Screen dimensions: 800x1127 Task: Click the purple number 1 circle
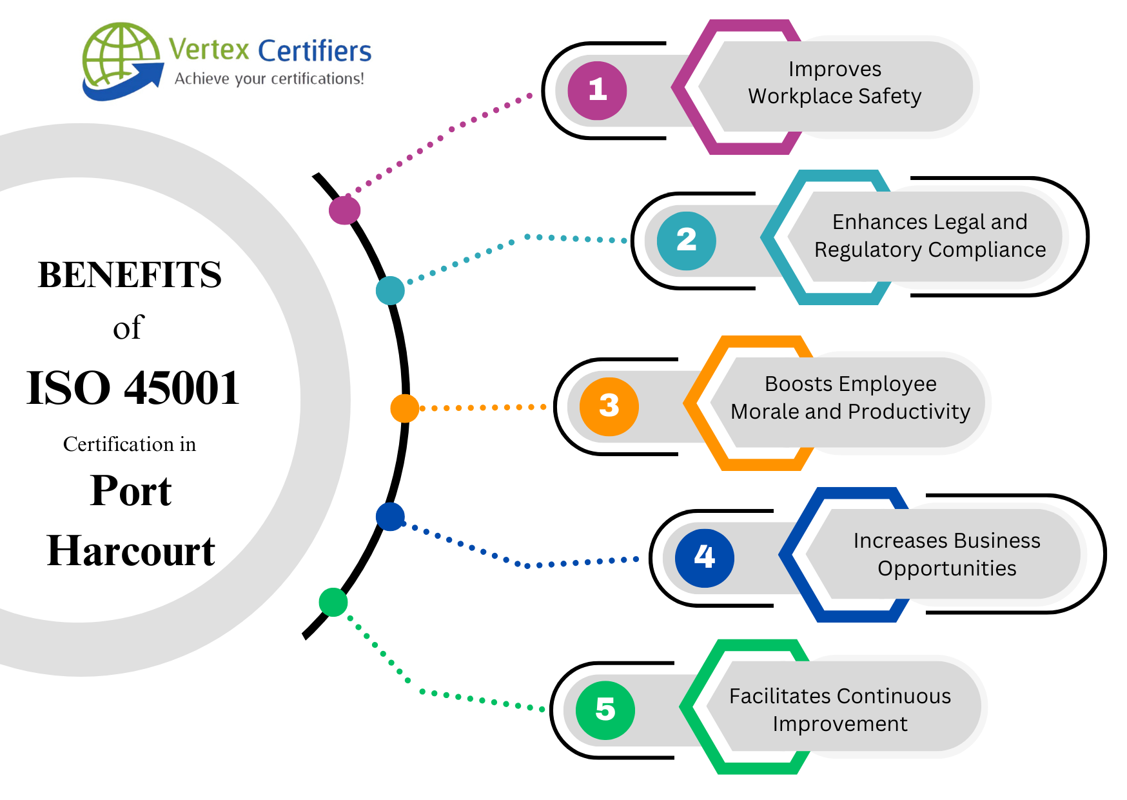[x=597, y=90]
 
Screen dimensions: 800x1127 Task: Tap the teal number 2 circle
[x=686, y=241]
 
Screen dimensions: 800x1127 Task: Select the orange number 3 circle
[x=609, y=406]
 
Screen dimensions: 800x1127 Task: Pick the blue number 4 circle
[x=704, y=557]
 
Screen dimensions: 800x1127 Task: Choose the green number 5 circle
[x=605, y=710]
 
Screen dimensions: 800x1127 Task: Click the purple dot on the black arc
[x=344, y=210]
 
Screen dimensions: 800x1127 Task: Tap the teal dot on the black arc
[x=390, y=290]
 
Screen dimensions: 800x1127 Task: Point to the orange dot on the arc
[x=405, y=408]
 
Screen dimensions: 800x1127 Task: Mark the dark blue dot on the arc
[x=390, y=517]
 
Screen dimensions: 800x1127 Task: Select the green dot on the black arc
[x=333, y=602]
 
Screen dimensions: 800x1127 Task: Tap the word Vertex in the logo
[x=209, y=50]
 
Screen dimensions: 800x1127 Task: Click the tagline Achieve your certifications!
[x=269, y=79]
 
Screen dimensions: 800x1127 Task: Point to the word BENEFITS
[x=130, y=275]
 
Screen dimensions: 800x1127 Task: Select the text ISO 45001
[x=133, y=388]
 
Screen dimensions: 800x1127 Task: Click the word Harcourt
[x=131, y=552]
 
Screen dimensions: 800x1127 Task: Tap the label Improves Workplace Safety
[x=834, y=83]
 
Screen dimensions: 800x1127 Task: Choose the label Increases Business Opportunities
[x=946, y=554]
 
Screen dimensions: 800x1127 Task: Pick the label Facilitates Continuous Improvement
[x=839, y=710]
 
